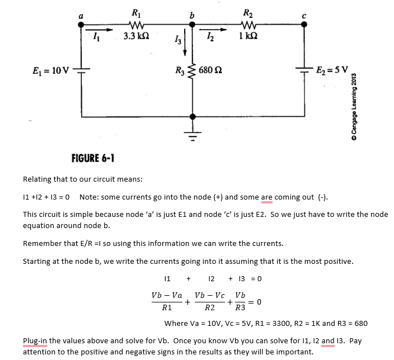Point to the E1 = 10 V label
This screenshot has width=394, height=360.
50,71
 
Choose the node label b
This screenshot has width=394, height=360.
192,15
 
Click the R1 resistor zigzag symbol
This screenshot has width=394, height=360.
136,25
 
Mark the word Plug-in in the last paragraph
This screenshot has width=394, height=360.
35,341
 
